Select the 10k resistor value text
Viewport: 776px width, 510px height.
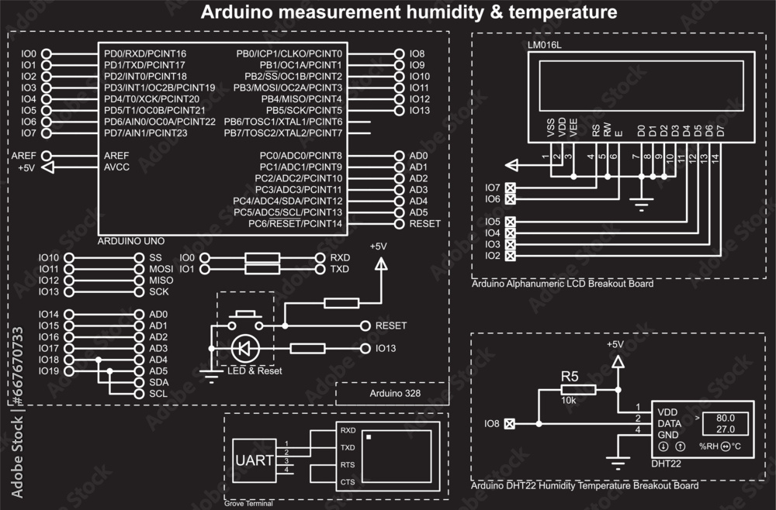[x=569, y=401]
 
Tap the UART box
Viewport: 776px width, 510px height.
[x=254, y=460]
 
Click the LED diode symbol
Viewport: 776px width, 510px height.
[x=244, y=349]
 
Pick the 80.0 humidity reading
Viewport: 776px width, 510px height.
[x=726, y=417]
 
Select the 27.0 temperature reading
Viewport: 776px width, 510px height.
[x=726, y=429]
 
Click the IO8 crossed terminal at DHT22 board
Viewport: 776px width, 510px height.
[x=509, y=424]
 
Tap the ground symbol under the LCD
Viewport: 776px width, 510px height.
[x=640, y=206]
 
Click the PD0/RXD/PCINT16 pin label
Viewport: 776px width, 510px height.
[x=145, y=53]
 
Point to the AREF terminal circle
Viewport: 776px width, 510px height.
[x=47, y=156]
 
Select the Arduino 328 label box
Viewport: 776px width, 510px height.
[x=392, y=394]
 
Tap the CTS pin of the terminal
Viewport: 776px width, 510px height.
[x=347, y=482]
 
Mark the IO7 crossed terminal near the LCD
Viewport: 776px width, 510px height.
[x=511, y=188]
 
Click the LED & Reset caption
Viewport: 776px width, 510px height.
[x=255, y=371]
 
